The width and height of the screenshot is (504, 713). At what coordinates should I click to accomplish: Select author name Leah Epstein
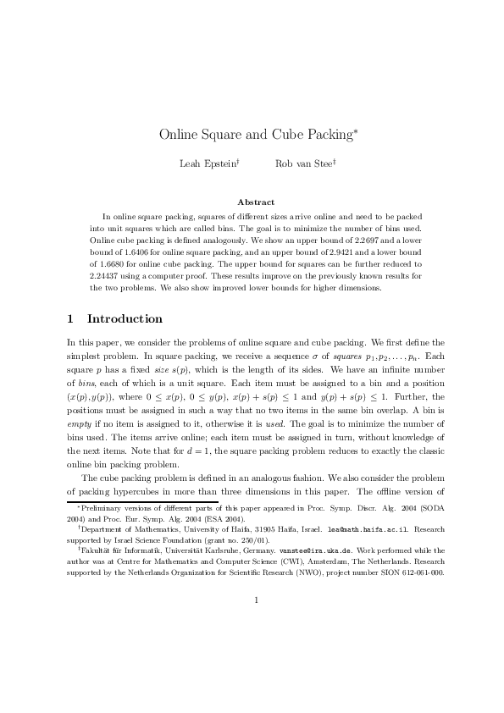[x=207, y=164]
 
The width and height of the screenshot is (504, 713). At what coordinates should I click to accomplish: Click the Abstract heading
[x=256, y=202]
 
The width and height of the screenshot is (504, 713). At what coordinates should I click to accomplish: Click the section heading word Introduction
[x=125, y=319]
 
